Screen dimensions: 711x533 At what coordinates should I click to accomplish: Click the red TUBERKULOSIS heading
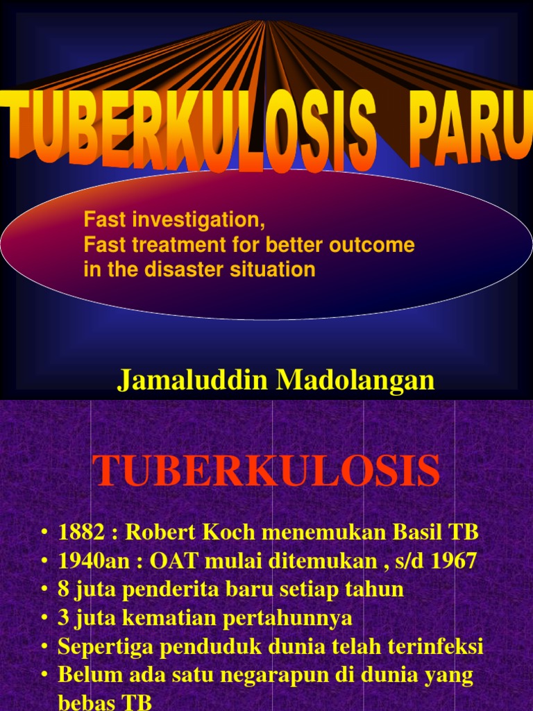click(266, 471)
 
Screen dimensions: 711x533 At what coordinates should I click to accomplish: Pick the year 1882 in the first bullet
click(79, 533)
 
